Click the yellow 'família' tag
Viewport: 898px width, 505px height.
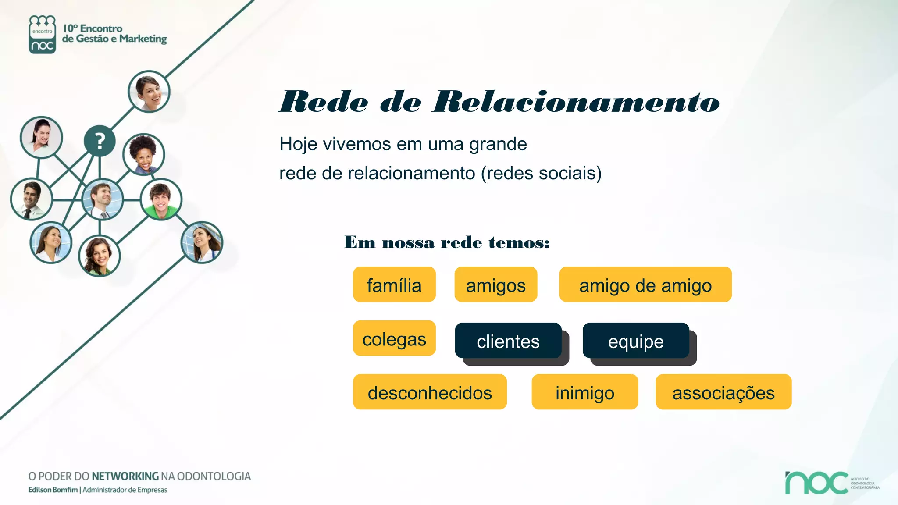click(394, 285)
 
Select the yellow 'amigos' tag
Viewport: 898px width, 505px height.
click(495, 285)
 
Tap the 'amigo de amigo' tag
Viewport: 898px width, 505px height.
click(645, 285)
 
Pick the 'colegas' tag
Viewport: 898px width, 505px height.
click(394, 338)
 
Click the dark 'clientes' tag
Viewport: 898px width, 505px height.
click(508, 341)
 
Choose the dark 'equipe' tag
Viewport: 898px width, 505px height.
click(636, 341)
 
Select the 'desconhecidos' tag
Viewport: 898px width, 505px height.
click(430, 392)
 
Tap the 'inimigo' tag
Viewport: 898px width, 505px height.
click(584, 392)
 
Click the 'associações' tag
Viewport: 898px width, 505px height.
click(723, 392)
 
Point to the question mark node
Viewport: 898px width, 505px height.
click(100, 141)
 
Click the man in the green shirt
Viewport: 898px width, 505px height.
click(161, 199)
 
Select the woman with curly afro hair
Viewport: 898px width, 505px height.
click(143, 154)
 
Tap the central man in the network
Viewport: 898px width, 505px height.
click(102, 200)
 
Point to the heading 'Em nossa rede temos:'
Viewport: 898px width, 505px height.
click(447, 242)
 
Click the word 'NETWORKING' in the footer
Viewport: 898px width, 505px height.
click(125, 477)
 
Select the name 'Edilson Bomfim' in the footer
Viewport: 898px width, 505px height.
click(53, 490)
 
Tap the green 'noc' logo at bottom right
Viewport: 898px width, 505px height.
click(816, 483)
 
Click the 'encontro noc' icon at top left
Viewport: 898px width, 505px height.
click(42, 35)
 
